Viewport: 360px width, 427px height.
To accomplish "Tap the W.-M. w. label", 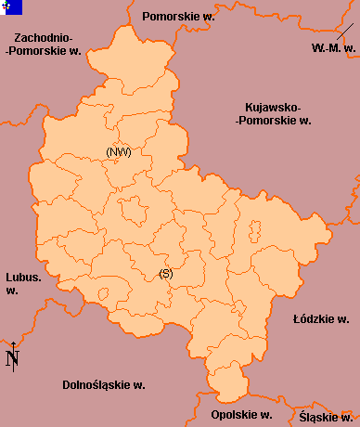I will pyautogui.click(x=333, y=47).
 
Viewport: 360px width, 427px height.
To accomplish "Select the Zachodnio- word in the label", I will pyautogui.click(x=44, y=37).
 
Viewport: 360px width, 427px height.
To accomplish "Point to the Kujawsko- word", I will pyautogui.click(x=274, y=106).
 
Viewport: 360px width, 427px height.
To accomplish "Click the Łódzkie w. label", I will pyautogui.click(x=320, y=318).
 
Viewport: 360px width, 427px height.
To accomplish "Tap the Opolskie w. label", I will pyautogui.click(x=240, y=414).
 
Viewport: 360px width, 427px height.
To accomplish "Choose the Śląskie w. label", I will pyautogui.click(x=325, y=417).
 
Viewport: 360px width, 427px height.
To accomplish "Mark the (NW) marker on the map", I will pyautogui.click(x=118, y=151).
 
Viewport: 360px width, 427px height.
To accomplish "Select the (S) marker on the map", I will pyautogui.click(x=166, y=273).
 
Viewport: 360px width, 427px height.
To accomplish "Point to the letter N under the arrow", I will pyautogui.click(x=13, y=361).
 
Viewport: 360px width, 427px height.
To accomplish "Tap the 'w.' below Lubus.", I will pyautogui.click(x=12, y=291).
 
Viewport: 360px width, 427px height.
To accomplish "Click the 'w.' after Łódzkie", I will pyautogui.click(x=342, y=318).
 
